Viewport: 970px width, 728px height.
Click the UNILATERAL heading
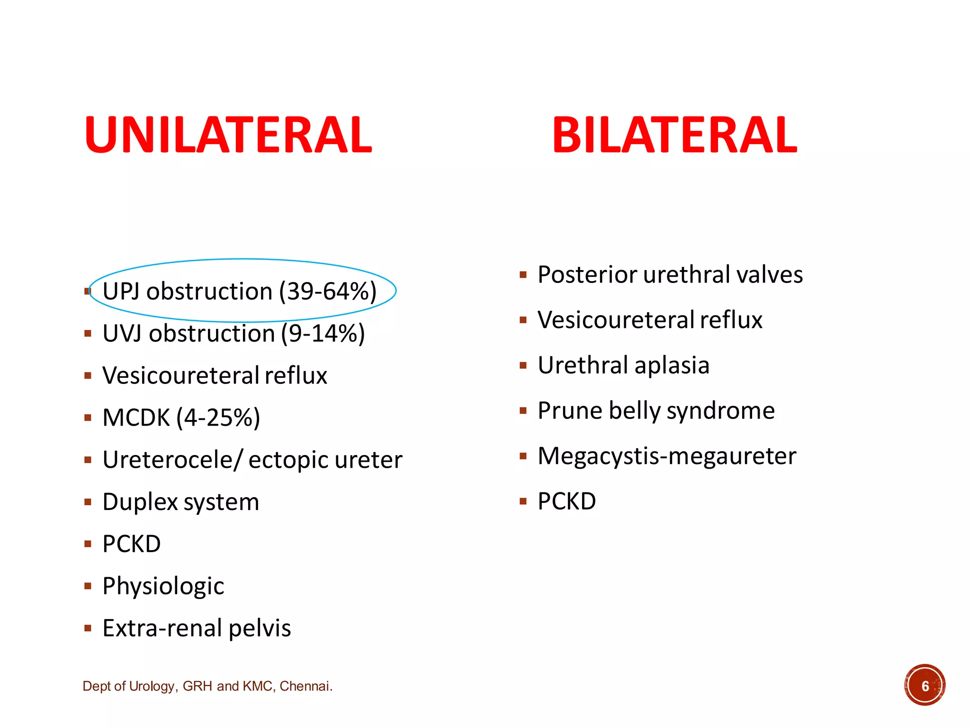(228, 136)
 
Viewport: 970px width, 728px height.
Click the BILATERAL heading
(674, 136)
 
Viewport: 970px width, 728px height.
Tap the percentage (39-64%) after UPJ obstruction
(328, 291)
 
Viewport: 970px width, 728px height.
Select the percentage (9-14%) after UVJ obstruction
(323, 333)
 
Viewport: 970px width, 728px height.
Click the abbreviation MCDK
(136, 418)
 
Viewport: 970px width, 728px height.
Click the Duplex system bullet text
(181, 502)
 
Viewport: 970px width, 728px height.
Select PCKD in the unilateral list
(132, 544)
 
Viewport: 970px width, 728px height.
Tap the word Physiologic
(163, 586)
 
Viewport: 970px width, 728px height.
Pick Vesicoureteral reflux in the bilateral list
(650, 320)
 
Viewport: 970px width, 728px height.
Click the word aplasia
(672, 365)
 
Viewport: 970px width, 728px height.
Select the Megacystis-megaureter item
(667, 456)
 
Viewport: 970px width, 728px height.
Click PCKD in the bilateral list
(567, 501)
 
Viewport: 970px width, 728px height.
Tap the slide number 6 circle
(925, 685)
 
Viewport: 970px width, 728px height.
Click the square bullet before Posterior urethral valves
(523, 275)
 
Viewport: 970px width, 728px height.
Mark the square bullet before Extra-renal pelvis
(88, 628)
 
